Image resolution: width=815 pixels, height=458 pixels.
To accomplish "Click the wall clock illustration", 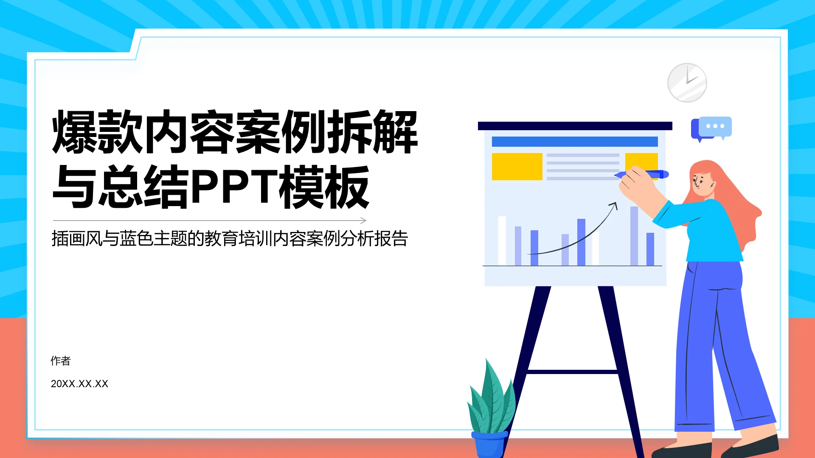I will coord(687,83).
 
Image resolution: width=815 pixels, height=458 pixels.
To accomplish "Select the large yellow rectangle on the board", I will coord(517,167).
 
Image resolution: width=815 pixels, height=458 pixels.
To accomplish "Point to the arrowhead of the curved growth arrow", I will coord(614,205).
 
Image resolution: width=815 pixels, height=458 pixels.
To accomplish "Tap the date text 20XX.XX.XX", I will coord(79,384).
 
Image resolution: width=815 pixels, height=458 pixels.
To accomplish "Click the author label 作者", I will coord(61,361).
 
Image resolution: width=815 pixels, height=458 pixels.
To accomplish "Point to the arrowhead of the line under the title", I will coord(364,221).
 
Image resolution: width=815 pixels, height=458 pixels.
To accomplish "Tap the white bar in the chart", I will coord(502,241).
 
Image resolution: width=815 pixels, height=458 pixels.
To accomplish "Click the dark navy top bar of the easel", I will coord(575,126).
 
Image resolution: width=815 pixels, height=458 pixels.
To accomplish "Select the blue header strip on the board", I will coord(574,142).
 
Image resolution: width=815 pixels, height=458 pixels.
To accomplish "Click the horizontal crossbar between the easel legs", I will coord(571,372).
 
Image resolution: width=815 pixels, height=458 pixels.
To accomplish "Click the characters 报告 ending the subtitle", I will coord(391,239).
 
